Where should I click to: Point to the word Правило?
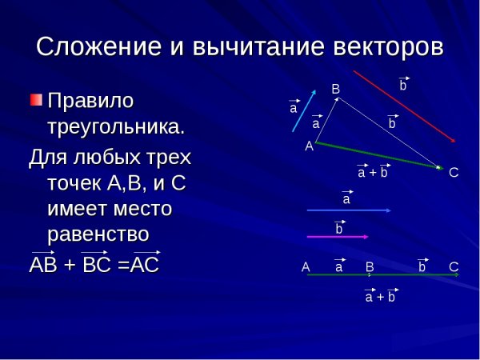(x=91, y=102)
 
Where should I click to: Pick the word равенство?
(x=99, y=234)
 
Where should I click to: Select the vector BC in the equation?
(x=96, y=264)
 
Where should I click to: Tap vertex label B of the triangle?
(x=336, y=90)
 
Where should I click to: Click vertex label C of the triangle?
(x=454, y=172)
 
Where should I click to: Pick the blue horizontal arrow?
(x=349, y=210)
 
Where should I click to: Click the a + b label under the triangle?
(x=373, y=172)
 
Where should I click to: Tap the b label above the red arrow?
(x=403, y=84)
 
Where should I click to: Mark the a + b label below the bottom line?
(x=380, y=297)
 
